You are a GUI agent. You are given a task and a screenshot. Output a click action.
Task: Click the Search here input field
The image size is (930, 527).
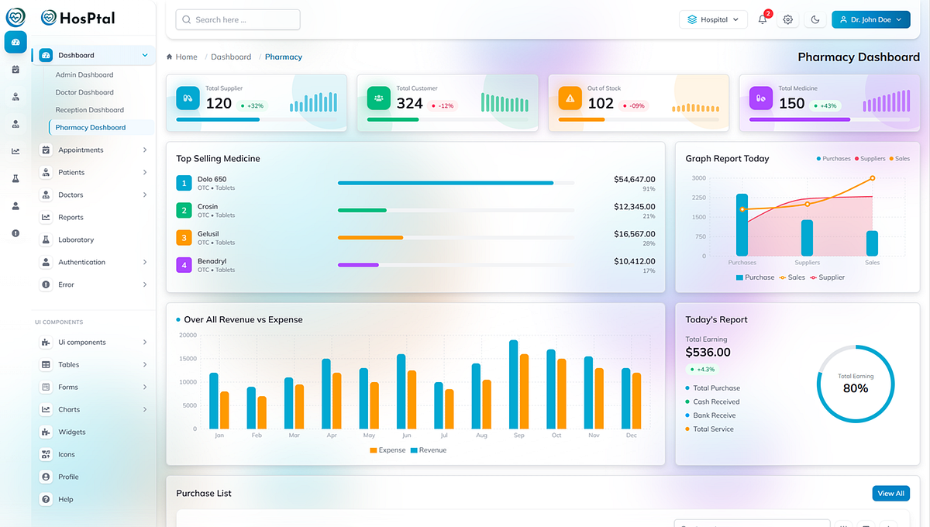[x=237, y=19]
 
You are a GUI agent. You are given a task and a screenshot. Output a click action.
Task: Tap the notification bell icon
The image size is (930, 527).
[x=763, y=19]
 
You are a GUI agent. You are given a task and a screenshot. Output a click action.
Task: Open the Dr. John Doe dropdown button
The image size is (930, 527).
[x=870, y=19]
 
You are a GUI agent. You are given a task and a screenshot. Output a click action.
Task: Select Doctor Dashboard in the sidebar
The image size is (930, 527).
[x=84, y=92]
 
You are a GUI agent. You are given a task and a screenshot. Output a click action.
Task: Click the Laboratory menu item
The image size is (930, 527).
[x=76, y=239]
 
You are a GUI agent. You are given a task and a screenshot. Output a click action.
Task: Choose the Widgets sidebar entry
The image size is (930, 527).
[x=71, y=432]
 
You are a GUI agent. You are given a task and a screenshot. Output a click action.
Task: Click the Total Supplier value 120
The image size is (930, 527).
[x=219, y=103]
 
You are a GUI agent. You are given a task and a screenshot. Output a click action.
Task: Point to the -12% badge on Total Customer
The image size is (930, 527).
[x=443, y=105]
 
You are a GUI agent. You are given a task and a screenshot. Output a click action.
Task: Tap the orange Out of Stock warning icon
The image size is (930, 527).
[x=570, y=98]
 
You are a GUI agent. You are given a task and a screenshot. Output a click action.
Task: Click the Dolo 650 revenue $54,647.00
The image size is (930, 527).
[x=634, y=179]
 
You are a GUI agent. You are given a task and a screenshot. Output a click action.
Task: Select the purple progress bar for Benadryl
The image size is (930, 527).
[x=358, y=265]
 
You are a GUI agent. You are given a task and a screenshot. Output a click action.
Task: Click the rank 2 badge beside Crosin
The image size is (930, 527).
[x=184, y=210]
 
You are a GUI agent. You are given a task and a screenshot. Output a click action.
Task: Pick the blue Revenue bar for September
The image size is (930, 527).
[x=513, y=384]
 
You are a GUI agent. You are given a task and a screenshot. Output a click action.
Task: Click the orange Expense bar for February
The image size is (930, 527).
[x=262, y=412]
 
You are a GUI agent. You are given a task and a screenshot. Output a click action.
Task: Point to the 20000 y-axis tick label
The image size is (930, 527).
[x=188, y=335]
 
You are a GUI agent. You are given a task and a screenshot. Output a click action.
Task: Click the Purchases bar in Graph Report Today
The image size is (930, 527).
[x=742, y=225]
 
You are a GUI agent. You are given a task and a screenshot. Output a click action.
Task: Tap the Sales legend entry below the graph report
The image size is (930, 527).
[x=792, y=277]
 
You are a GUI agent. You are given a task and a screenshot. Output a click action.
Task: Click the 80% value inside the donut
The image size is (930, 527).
[x=855, y=388]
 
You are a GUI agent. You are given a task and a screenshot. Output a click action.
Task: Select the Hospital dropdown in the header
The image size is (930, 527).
[x=713, y=19]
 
